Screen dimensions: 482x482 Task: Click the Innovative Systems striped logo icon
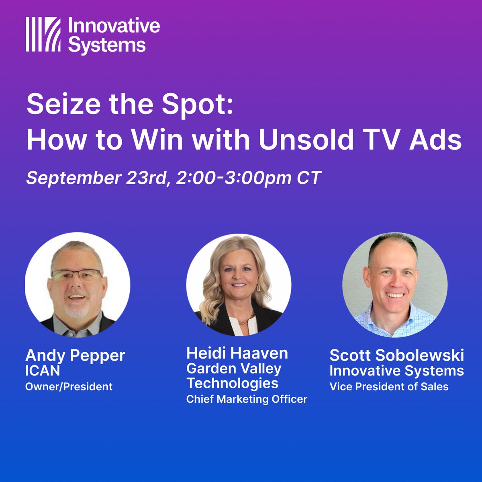click(43, 34)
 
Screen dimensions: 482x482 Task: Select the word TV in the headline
click(380, 139)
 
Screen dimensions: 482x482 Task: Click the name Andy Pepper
click(75, 355)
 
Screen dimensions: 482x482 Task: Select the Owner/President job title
click(69, 387)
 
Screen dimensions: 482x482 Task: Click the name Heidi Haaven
click(237, 353)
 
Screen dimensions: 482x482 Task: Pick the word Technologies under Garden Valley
click(232, 383)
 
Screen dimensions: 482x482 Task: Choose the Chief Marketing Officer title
click(247, 399)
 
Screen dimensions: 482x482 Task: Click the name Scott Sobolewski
click(397, 355)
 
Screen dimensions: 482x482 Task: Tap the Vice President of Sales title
click(389, 387)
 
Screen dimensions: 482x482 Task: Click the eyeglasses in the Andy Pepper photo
click(76, 275)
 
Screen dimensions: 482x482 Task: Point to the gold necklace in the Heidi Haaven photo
click(246, 320)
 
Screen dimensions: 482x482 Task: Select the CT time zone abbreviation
click(309, 178)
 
